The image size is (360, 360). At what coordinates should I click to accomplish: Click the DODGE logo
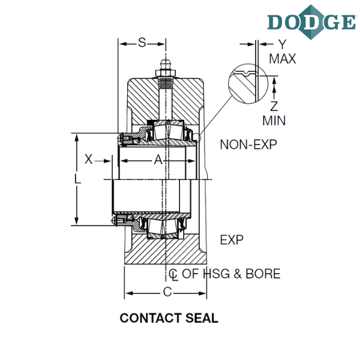[311, 22]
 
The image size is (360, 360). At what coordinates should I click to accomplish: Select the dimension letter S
[142, 43]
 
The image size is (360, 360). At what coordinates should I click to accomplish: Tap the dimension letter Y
[283, 44]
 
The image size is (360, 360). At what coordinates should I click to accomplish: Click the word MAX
[282, 59]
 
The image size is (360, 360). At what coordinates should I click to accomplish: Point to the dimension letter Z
[274, 106]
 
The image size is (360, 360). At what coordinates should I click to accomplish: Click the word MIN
[274, 121]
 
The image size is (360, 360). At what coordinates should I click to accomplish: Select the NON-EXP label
[248, 145]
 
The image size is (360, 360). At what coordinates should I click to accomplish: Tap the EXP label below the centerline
[232, 240]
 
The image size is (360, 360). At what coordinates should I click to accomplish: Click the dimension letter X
[89, 159]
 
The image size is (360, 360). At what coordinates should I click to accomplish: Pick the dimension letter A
[158, 160]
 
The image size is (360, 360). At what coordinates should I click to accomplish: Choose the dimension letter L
[77, 179]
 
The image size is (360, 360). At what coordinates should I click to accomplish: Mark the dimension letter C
[167, 292]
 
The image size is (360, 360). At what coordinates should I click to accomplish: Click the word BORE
[263, 274]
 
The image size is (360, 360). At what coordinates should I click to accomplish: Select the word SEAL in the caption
[202, 318]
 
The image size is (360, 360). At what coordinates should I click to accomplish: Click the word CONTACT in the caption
[151, 318]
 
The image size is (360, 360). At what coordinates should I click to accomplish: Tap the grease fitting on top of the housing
[166, 68]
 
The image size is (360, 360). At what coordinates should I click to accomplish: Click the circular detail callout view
[248, 83]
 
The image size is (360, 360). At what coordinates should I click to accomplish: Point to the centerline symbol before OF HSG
[173, 275]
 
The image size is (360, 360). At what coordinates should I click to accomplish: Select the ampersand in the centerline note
[238, 274]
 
